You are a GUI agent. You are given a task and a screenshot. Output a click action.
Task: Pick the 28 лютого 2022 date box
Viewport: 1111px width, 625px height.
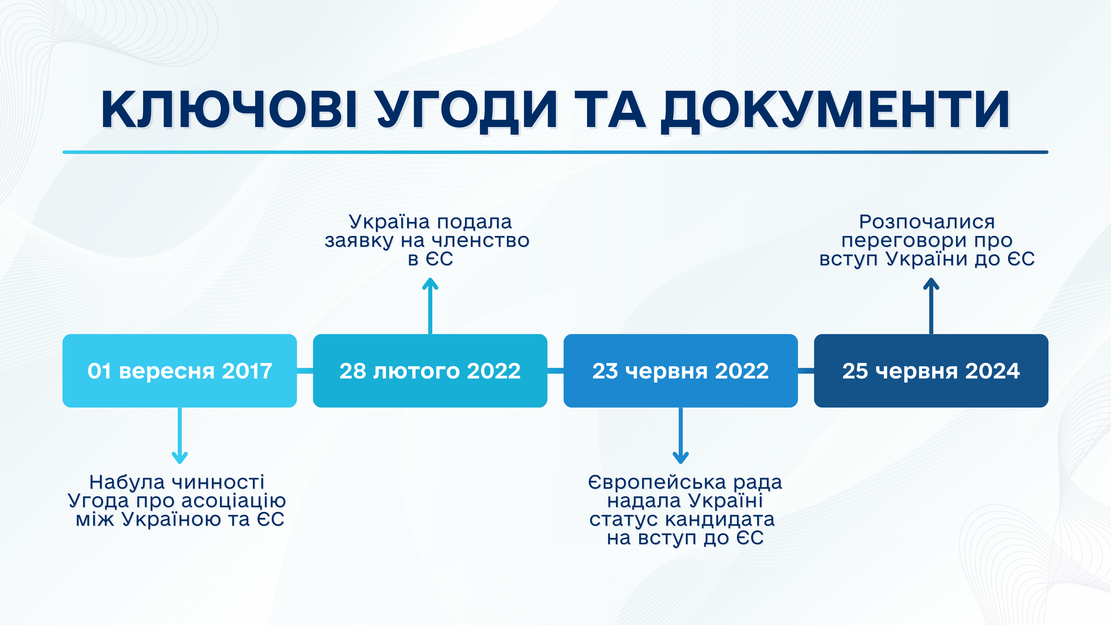[430, 370]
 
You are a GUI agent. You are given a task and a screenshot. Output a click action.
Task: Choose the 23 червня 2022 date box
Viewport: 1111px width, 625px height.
[680, 370]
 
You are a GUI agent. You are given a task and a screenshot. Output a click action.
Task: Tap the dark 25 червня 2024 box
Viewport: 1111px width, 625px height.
[931, 370]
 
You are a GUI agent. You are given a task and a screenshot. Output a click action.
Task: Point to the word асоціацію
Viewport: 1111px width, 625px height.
[233, 501]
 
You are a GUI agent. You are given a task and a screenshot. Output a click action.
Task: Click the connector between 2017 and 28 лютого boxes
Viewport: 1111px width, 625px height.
[305, 370]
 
